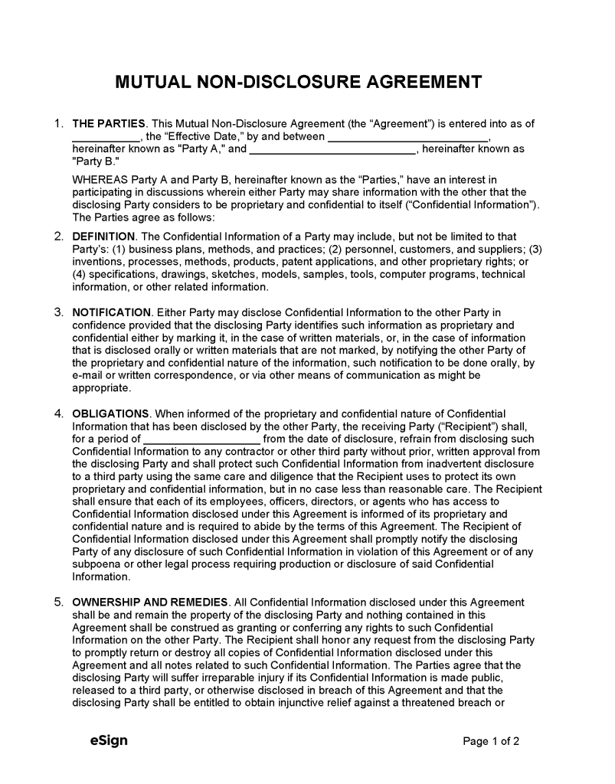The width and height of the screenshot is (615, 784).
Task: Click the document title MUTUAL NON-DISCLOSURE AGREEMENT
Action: [299, 82]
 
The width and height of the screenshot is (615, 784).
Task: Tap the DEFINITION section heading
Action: [103, 237]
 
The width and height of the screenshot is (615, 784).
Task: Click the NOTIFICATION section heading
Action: [111, 312]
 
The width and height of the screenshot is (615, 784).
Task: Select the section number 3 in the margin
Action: [58, 312]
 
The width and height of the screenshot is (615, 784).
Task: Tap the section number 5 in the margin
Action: [58, 603]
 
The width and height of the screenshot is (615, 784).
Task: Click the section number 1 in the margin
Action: [58, 123]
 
